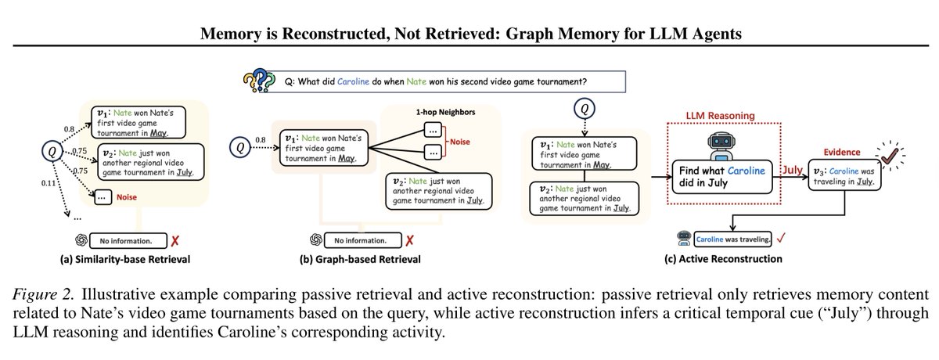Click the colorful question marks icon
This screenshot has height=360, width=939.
pyautogui.click(x=260, y=80)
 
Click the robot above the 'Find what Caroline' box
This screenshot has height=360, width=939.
pyautogui.click(x=721, y=146)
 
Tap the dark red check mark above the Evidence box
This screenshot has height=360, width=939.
pyautogui.click(x=890, y=156)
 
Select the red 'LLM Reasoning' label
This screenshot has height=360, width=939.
pyautogui.click(x=720, y=116)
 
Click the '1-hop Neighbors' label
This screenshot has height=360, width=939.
pyautogui.click(x=445, y=112)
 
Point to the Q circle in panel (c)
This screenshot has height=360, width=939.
pyautogui.click(x=585, y=109)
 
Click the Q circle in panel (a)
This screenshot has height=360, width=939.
pyautogui.click(x=52, y=151)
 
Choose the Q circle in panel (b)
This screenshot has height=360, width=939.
pyautogui.click(x=240, y=147)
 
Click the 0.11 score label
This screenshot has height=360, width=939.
pyautogui.click(x=49, y=183)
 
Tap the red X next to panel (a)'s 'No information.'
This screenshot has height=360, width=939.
pyautogui.click(x=174, y=240)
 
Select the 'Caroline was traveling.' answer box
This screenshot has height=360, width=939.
pyautogui.click(x=732, y=239)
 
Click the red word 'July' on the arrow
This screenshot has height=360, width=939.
pyautogui.click(x=792, y=170)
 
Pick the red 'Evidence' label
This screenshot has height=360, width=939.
pyautogui.click(x=842, y=152)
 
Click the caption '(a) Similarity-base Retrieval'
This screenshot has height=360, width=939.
pyautogui.click(x=125, y=259)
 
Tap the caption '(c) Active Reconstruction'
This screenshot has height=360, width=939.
pyautogui.click(x=723, y=259)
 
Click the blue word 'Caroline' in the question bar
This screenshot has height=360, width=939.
pyautogui.click(x=353, y=81)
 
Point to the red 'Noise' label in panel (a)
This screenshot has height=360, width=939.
pyautogui.click(x=127, y=197)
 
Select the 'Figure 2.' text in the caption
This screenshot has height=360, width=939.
pyautogui.click(x=43, y=294)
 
